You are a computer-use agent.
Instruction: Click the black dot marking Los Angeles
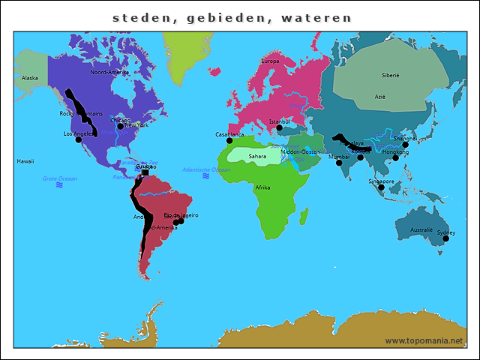(x=79, y=139)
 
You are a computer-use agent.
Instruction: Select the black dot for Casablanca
(x=229, y=140)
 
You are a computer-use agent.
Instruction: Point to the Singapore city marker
(x=381, y=187)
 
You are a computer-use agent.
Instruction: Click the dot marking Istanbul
(x=279, y=127)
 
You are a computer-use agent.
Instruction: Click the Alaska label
(x=30, y=78)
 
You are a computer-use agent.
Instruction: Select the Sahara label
(x=257, y=157)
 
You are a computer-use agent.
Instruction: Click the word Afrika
(x=262, y=187)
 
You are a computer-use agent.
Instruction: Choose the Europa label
(x=270, y=61)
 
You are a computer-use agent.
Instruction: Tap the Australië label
(x=421, y=230)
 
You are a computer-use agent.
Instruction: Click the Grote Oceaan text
(x=59, y=178)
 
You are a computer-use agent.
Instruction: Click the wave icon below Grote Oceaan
(x=59, y=185)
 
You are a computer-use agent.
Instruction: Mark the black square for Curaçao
(x=145, y=172)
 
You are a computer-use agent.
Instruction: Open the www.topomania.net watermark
(x=424, y=340)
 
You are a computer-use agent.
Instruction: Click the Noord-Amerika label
(x=111, y=73)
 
